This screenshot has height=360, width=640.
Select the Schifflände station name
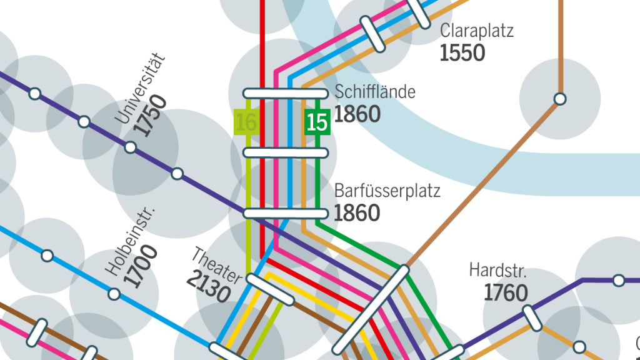coord(374,92)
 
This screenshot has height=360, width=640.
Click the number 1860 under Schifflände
coord(357,114)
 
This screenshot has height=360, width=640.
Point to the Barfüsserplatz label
coord(387,191)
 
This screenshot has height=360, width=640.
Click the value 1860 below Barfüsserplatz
coord(357,213)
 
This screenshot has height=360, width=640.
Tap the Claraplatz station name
coord(476,31)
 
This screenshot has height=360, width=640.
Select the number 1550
coord(462,53)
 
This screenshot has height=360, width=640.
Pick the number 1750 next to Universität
coord(151,116)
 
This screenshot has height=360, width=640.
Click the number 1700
coord(141,267)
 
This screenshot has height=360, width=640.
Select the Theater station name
coord(216,265)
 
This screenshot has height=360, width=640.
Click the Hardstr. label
coord(498,271)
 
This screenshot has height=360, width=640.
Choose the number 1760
coord(506,292)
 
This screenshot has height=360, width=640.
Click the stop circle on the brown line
coord(560,99)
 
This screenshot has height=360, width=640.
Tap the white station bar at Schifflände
coord(281,94)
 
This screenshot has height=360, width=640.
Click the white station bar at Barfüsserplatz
coord(281,213)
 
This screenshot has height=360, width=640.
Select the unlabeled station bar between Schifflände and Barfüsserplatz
coord(281,152)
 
